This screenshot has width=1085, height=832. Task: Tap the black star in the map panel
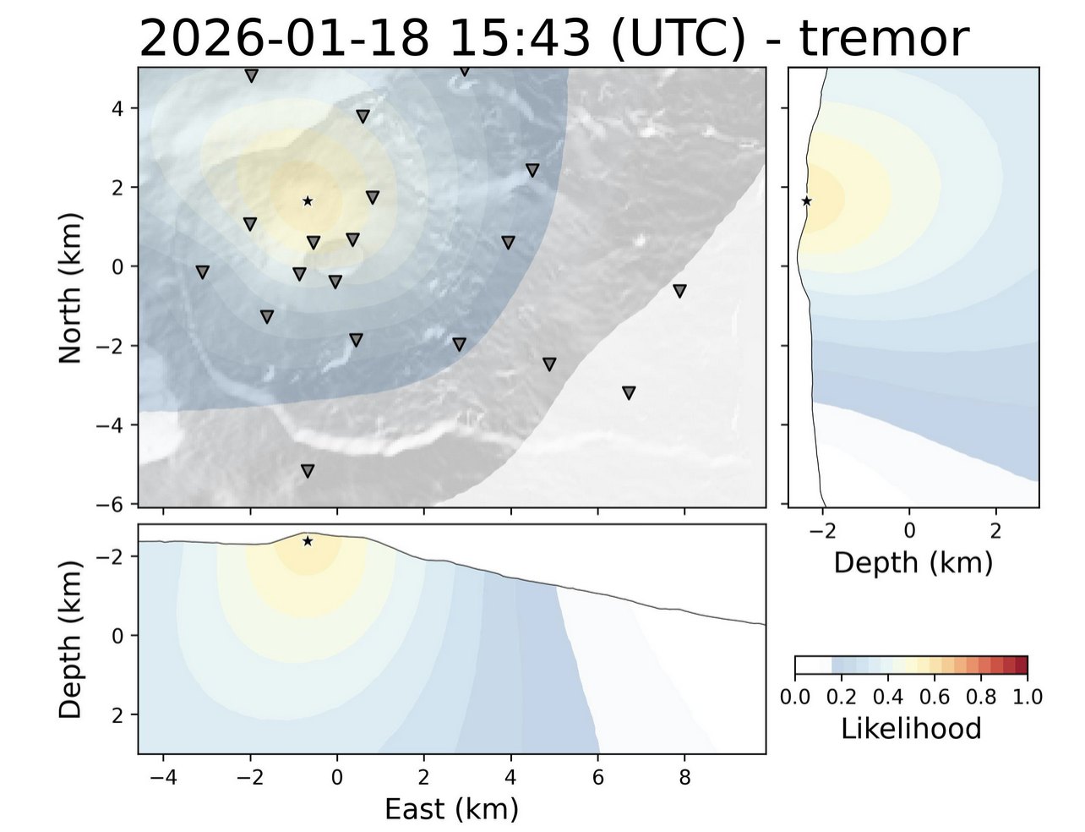click(308, 201)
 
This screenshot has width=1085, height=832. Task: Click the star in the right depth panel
click(807, 201)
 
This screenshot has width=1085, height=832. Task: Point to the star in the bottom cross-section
click(308, 541)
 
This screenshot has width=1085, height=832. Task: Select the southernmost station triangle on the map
click(308, 471)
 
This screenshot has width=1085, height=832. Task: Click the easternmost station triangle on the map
click(679, 291)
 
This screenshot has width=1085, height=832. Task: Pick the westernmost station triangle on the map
click(203, 272)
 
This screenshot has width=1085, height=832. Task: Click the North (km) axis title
click(71, 287)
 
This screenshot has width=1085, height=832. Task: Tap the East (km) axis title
click(451, 809)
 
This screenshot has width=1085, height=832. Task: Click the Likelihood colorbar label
click(911, 728)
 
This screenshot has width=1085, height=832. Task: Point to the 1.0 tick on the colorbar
click(1028, 697)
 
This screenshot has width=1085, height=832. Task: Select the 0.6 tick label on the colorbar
click(935, 697)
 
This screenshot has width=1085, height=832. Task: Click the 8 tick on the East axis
click(684, 776)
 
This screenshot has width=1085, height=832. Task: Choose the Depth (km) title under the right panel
click(913, 562)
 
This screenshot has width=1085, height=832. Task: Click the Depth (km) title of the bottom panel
click(71, 638)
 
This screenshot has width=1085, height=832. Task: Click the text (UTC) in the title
click(676, 38)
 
